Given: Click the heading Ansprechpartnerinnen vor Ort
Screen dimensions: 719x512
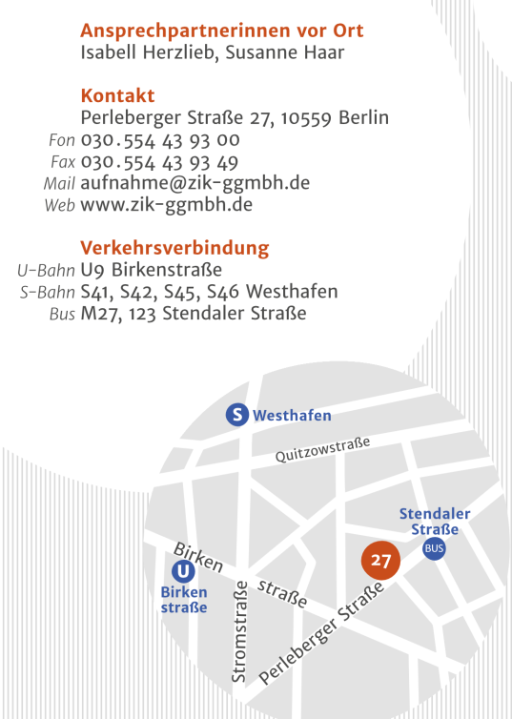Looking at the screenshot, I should (222, 31).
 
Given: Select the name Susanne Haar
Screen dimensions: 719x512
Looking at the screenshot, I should (285, 52).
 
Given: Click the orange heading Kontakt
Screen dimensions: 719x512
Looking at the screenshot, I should (117, 96).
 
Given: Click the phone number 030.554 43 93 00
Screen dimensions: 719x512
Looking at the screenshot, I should (159, 140).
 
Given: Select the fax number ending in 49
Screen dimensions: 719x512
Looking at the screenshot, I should (159, 162).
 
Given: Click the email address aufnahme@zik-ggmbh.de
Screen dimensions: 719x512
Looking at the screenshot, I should (195, 183).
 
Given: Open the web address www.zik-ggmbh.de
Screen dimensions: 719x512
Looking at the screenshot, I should (166, 204).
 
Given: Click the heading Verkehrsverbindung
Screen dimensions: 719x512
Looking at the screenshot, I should (174, 248).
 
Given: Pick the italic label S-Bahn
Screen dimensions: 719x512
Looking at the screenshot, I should (47, 292).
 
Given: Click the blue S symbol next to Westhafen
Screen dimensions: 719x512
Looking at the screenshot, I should (237, 415).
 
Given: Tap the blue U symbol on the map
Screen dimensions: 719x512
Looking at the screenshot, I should (183, 571).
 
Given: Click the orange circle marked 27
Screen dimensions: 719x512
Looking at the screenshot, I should (381, 561).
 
